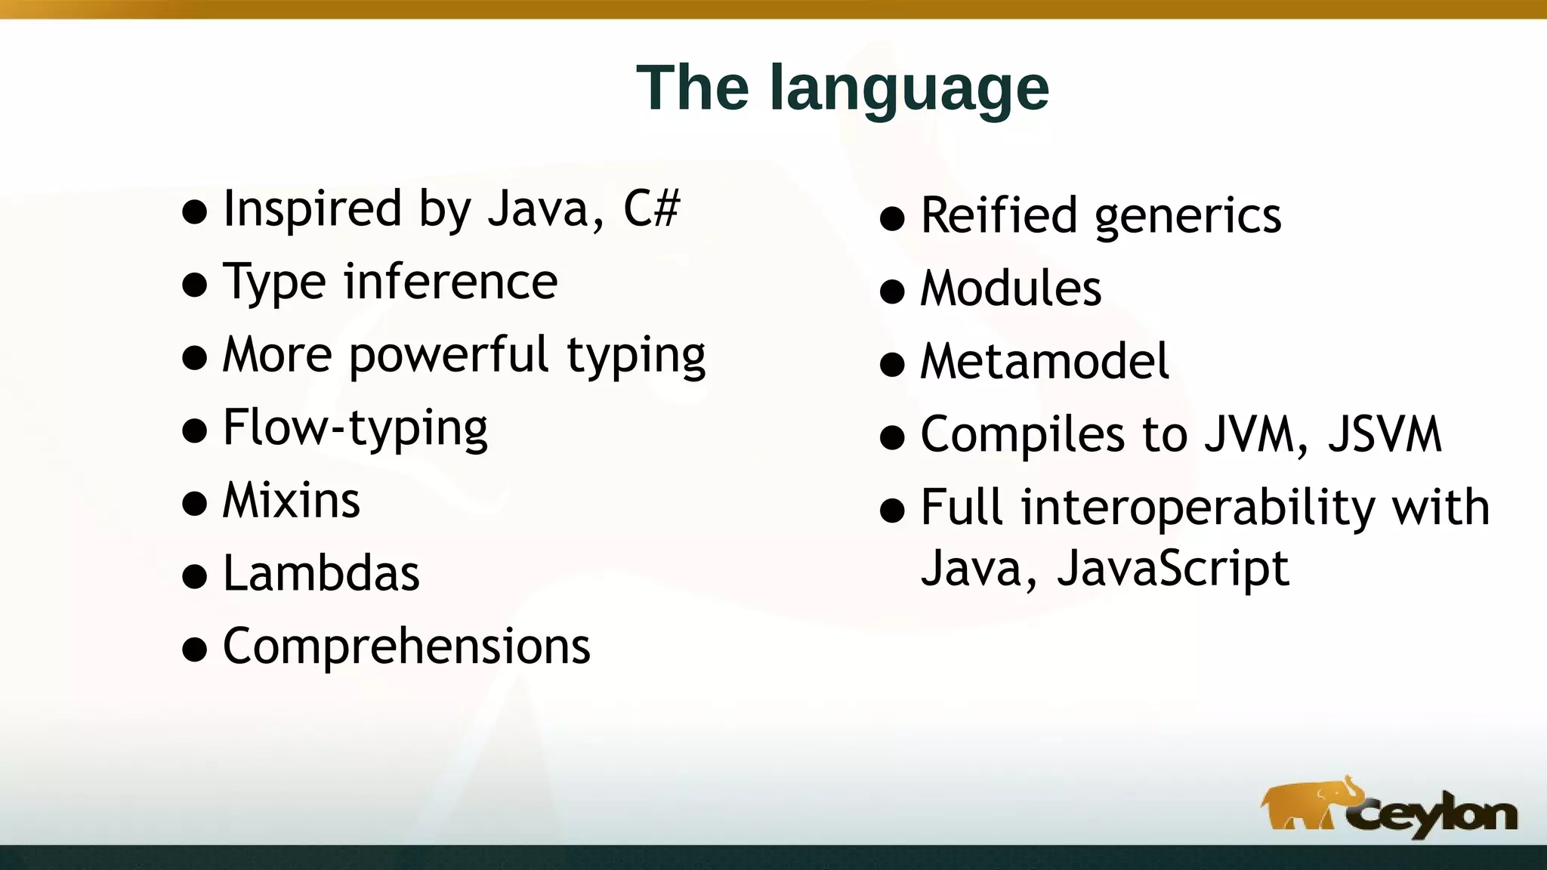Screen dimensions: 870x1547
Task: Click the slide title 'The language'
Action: (842, 88)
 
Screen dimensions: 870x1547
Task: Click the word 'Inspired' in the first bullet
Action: (312, 209)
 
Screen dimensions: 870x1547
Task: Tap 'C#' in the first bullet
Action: (651, 209)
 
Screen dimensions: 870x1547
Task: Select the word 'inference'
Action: (450, 282)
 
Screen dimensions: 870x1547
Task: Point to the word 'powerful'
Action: (448, 355)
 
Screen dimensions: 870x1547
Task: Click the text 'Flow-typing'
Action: (355, 428)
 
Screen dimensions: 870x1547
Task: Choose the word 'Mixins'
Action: (292, 501)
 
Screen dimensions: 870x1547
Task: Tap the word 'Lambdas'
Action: (321, 574)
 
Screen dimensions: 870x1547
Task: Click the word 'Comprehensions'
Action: (406, 647)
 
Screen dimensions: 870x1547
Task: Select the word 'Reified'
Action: (999, 216)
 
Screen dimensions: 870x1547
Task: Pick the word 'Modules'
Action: (1011, 289)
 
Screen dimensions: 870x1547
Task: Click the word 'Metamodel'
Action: (1045, 362)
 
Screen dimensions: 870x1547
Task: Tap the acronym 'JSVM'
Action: (1385, 435)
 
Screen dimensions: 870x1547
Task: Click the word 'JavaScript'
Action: (1172, 568)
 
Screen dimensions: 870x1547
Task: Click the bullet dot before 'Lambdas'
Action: (195, 576)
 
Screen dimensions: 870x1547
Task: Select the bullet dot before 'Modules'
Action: (892, 292)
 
